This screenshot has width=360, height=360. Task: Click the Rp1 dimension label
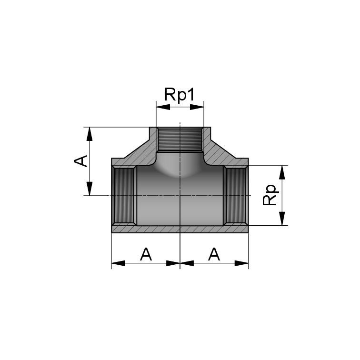pos(180,94)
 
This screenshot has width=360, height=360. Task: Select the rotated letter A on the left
pos(81,160)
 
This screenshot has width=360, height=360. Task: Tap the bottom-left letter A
pos(146,254)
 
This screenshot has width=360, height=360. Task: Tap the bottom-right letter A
pos(214,254)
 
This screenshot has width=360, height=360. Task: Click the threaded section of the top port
pos(180,140)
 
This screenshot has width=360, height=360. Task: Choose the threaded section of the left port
pos(125,196)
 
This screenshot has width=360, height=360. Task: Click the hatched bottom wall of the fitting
pos(180,229)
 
